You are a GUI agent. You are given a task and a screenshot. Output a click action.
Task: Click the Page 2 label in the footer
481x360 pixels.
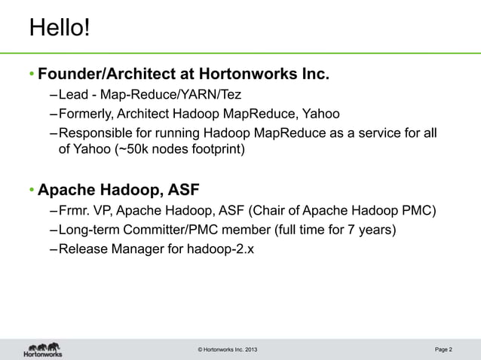pyautogui.click(x=443, y=349)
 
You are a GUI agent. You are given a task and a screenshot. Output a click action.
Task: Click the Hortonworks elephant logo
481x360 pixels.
pyautogui.click(x=42, y=348)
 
